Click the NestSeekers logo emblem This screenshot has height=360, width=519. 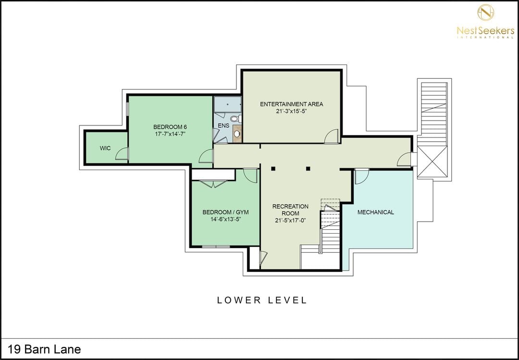click(x=485, y=12)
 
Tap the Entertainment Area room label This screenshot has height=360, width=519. click(x=291, y=104)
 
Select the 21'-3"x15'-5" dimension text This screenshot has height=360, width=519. click(x=291, y=112)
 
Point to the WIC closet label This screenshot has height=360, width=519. click(x=105, y=148)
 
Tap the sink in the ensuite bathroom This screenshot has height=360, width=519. click(x=237, y=134)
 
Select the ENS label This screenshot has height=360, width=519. click(x=223, y=126)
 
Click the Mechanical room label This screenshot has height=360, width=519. click(x=376, y=212)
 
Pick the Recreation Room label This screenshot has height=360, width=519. click(x=290, y=210)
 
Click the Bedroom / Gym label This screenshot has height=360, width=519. click(x=225, y=212)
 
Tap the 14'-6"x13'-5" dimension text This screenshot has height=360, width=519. click(x=225, y=219)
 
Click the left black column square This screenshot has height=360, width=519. click(x=273, y=169)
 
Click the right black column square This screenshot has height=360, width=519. click(x=308, y=169)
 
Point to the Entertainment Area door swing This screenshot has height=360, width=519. click(x=331, y=137)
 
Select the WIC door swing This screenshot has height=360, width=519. click(x=122, y=154)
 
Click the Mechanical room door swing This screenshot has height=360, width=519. click(x=362, y=176)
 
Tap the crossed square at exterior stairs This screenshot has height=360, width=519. click(x=432, y=161)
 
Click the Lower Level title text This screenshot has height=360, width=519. click(x=262, y=300)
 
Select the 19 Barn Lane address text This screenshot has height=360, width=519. click(x=44, y=349)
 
